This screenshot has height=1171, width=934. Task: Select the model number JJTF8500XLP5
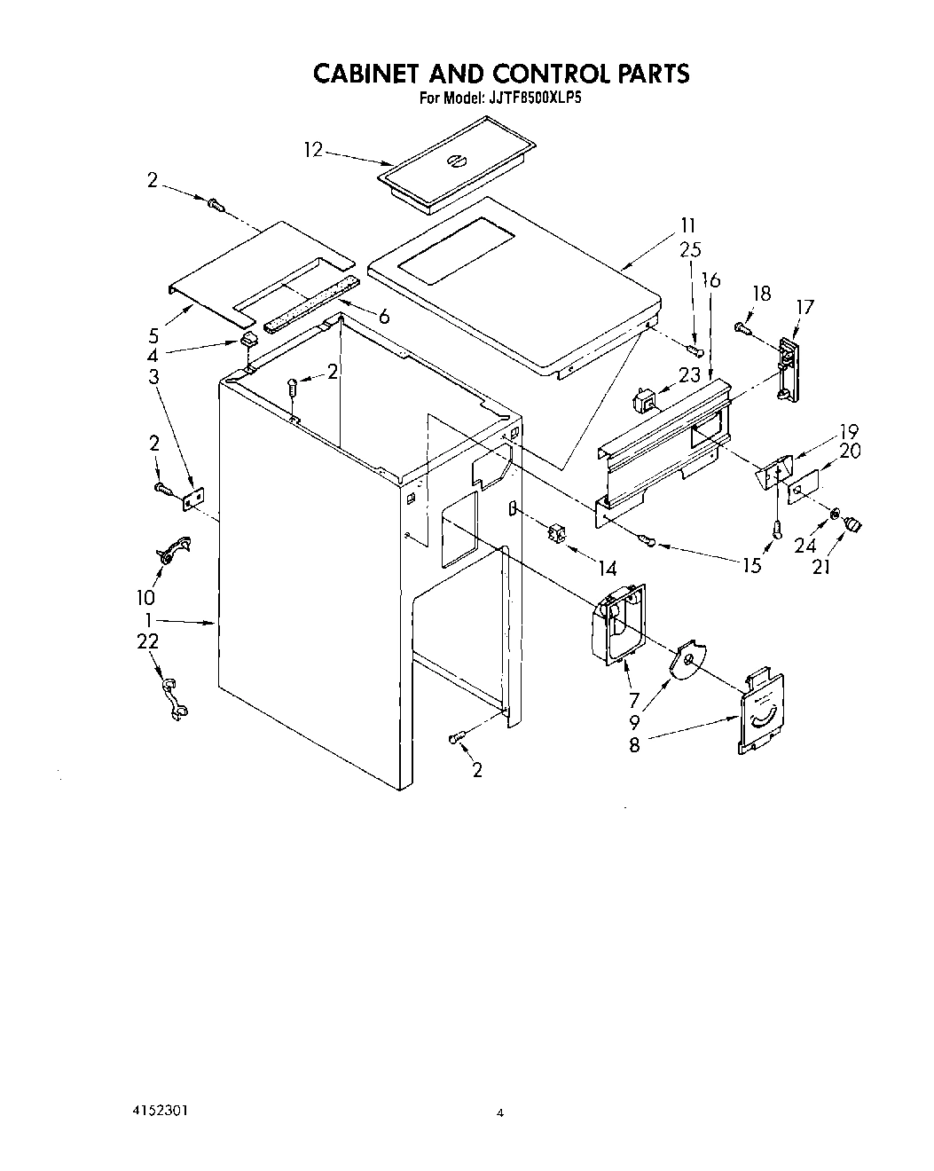tap(533, 99)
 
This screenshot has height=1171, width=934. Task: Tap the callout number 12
tap(313, 150)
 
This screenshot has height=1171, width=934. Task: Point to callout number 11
tap(688, 225)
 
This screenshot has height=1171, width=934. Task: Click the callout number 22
tap(148, 641)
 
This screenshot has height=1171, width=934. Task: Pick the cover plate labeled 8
tap(762, 712)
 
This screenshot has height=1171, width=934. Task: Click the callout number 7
tap(634, 700)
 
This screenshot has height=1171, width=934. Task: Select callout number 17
tap(804, 307)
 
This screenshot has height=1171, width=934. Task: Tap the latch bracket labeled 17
tap(786, 369)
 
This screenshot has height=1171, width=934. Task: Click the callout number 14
tap(608, 567)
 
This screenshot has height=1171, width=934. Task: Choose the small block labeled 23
tap(643, 401)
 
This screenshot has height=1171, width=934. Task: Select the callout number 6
tap(383, 316)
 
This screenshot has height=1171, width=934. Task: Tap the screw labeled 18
tap(742, 329)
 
